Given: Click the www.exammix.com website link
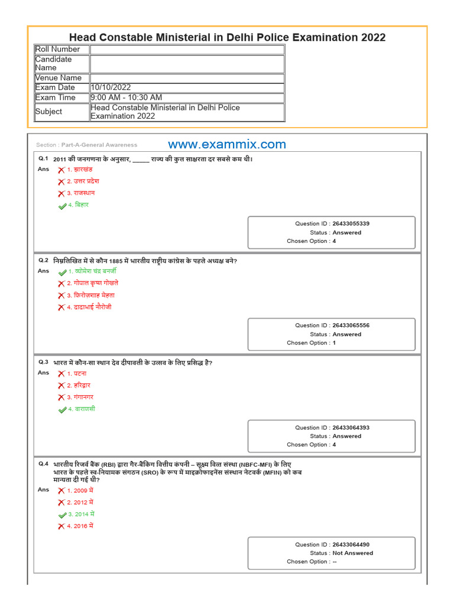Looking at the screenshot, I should point(227,145).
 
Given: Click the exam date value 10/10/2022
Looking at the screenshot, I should point(111,87).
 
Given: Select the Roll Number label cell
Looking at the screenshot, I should point(57,50).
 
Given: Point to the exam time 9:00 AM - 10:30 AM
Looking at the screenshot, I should point(126,97).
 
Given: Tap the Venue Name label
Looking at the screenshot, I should point(59,78).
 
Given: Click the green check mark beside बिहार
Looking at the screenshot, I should point(62,206).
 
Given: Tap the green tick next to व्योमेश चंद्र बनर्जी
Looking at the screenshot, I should point(62,272).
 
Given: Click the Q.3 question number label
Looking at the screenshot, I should point(44,362).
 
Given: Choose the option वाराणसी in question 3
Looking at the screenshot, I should point(81,409).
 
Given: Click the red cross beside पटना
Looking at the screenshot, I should point(61,374).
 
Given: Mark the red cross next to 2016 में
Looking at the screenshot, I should point(61,526).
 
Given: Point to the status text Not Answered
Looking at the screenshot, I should point(352,554).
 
